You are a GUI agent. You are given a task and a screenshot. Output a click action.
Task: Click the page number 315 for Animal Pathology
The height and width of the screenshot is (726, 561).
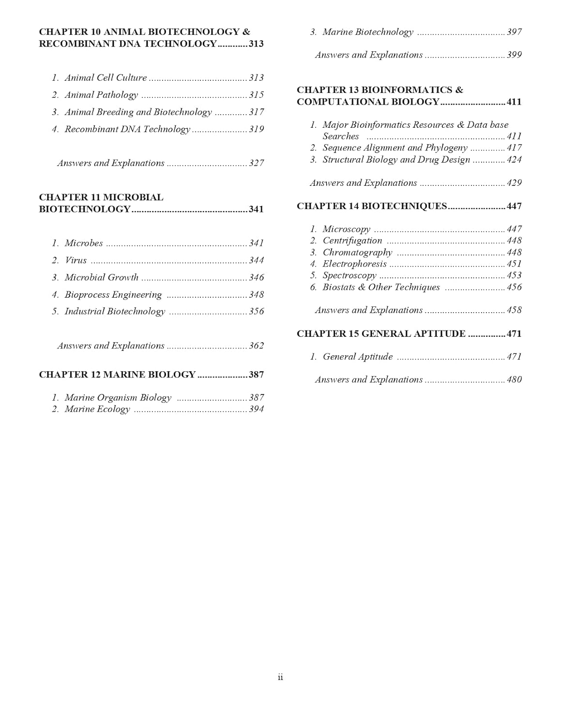pos(256,95)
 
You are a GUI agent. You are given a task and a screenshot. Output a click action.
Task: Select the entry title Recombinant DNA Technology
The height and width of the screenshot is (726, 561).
pos(127,129)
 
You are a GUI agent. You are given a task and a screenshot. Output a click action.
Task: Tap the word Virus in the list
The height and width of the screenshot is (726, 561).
pos(76,260)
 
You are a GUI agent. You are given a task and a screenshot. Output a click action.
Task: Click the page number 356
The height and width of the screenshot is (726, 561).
pos(256,312)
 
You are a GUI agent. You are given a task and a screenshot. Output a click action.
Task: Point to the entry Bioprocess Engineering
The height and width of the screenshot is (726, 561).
pos(113,295)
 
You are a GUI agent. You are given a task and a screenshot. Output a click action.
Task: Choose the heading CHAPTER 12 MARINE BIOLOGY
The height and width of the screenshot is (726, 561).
pos(117,375)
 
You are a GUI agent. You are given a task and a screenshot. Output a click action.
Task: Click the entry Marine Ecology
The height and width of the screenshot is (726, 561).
pos(97,409)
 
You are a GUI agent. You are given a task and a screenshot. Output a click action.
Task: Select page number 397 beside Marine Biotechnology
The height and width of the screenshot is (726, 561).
pos(514,32)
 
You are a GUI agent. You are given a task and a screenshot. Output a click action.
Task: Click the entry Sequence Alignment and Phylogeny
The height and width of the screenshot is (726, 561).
pos(395,148)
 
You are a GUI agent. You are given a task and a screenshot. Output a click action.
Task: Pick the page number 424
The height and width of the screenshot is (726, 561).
pos(514,160)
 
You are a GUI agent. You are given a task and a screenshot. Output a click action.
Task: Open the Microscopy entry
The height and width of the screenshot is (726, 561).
pos(346,229)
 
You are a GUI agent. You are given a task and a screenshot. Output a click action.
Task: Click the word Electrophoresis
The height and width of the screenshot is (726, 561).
pos(354,264)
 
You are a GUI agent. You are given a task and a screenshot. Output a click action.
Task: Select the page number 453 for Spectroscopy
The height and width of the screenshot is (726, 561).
pos(514,275)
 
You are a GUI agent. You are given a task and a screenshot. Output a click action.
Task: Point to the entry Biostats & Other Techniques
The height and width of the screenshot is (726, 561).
pos(381,287)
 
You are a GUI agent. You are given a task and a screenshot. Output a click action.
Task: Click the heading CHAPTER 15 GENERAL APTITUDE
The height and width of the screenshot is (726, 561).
pos(381,334)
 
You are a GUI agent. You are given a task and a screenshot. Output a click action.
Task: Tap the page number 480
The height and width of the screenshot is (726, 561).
pos(514,380)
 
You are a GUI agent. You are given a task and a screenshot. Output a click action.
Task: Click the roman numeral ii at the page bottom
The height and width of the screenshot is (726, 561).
pos(280,677)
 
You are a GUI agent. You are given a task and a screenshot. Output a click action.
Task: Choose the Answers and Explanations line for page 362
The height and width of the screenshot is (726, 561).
pos(111,346)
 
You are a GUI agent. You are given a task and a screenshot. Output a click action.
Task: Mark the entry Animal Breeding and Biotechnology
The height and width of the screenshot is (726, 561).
pos(138,112)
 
